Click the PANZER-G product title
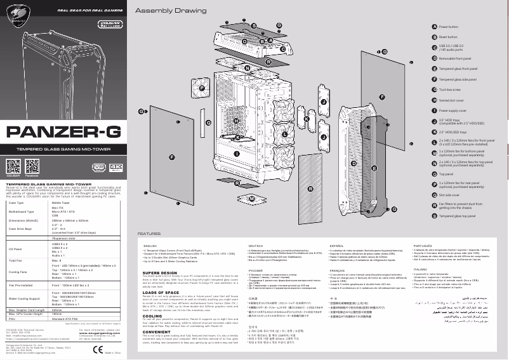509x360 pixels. (66, 133)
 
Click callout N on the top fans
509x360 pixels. (247, 67)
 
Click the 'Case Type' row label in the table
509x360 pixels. (18, 203)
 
